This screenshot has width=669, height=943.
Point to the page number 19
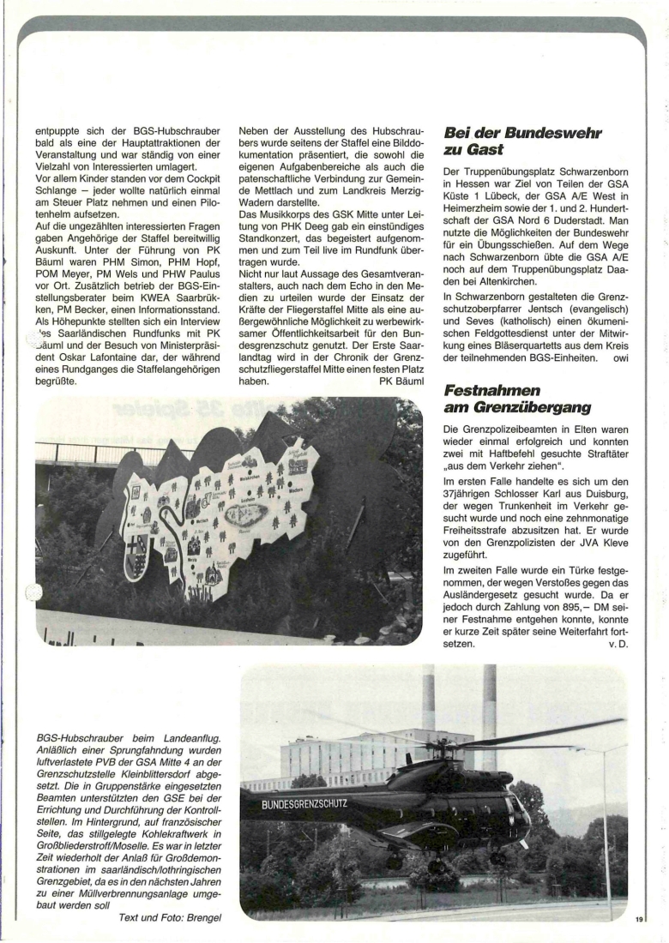coord(639,920)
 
